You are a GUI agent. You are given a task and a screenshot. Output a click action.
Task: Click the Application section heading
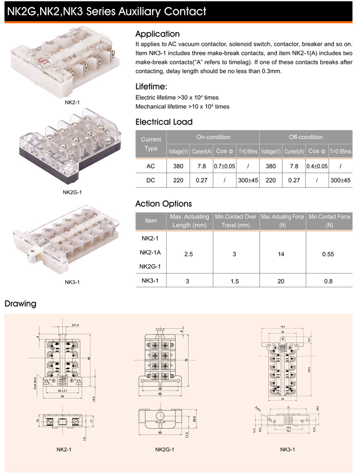[x=157, y=34]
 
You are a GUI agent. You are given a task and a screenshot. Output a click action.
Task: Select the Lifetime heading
[x=151, y=86]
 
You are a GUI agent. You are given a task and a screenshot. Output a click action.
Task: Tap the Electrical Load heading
[x=164, y=122]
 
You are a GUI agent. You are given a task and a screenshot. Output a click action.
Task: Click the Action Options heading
[x=163, y=204]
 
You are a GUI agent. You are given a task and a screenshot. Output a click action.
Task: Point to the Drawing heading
[x=21, y=303]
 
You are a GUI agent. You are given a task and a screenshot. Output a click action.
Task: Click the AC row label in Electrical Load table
[x=151, y=166]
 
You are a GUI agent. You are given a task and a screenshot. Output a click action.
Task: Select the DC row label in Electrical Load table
[x=151, y=180]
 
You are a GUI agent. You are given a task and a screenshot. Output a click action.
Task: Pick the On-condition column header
[x=213, y=137]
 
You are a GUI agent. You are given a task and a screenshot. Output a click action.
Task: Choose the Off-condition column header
[x=306, y=137]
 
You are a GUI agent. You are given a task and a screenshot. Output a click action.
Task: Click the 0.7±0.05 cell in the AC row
[x=224, y=166]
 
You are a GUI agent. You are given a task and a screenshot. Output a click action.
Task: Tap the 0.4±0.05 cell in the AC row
[x=317, y=166]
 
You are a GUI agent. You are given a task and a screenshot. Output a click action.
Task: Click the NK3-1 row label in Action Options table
[x=151, y=281]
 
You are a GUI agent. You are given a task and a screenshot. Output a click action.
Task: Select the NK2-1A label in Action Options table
[x=151, y=252]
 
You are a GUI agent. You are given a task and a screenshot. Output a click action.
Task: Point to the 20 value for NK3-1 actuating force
[x=282, y=281]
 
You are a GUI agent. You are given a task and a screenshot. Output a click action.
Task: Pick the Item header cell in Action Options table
[x=151, y=221]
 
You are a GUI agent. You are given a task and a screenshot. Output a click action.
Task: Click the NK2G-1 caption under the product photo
[x=73, y=193]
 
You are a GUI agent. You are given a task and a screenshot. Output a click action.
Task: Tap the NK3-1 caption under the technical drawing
[x=287, y=450]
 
